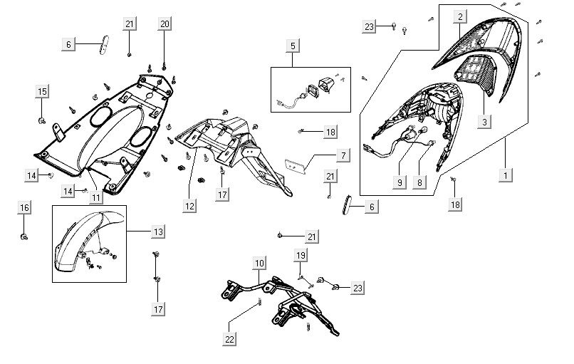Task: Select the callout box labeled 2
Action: (460, 16)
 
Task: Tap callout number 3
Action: (484, 122)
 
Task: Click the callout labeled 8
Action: (419, 183)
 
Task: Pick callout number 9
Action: (400, 183)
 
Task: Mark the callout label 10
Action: (259, 264)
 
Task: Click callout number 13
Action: (157, 232)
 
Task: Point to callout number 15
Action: (42, 91)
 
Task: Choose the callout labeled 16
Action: (24, 207)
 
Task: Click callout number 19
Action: (301, 255)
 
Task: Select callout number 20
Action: (165, 24)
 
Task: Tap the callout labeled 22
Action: (229, 339)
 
